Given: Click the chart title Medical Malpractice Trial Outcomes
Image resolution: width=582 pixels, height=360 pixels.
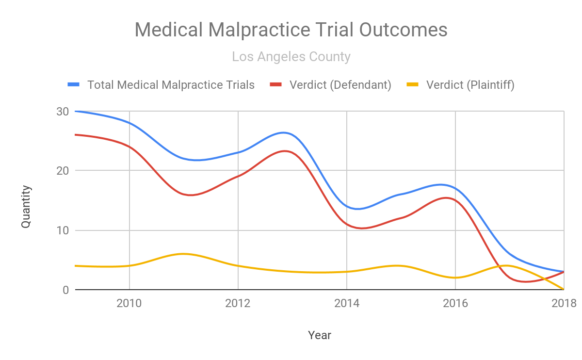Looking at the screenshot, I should click(x=291, y=30).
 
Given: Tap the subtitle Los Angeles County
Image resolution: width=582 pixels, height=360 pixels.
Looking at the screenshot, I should click(x=291, y=57).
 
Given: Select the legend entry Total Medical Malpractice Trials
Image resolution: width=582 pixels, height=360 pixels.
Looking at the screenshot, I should click(x=171, y=85).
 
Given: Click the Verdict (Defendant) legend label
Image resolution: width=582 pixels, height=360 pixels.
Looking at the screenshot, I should click(x=340, y=85).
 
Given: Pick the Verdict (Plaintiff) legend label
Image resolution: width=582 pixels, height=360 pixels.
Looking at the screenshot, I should click(x=470, y=85).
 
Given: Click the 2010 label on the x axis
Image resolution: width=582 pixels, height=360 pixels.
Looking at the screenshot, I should click(x=129, y=304).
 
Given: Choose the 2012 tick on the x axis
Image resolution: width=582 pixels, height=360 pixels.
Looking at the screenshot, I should click(x=238, y=304).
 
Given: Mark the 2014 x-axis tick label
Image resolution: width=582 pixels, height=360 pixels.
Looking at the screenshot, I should click(x=346, y=304).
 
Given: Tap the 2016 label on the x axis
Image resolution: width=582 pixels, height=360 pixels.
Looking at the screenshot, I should click(x=455, y=304).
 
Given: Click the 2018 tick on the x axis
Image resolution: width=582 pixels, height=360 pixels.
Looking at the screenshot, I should click(x=564, y=304).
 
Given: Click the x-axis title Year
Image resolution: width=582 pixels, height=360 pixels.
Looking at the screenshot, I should click(x=320, y=335).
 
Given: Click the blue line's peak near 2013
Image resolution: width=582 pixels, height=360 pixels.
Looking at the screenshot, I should click(x=284, y=132).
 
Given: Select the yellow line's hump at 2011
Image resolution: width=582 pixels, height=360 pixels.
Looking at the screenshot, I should click(x=183, y=254).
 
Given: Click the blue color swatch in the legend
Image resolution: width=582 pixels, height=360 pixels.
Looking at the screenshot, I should click(x=73, y=85).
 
